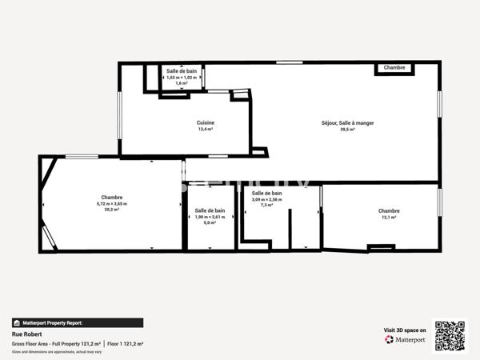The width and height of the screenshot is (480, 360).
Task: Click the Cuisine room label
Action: [206, 122]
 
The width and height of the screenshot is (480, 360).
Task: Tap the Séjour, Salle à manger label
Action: [347, 122]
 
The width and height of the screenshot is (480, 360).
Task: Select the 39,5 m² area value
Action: [347, 129]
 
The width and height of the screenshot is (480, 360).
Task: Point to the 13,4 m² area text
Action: [206, 129]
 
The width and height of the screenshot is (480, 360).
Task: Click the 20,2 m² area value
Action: [112, 210]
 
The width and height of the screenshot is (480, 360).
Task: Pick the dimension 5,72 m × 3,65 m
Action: [112, 204]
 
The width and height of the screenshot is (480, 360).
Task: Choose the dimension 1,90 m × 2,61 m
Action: [210, 217]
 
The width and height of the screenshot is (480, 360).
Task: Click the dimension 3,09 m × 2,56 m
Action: [266, 199]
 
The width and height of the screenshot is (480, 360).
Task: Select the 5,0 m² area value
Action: [210, 222]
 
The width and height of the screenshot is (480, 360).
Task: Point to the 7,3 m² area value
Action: [266, 205]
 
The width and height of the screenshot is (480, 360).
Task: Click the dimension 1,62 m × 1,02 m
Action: [182, 77]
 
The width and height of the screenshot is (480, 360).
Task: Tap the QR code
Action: [450, 336]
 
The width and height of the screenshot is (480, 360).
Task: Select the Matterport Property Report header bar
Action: [78, 323]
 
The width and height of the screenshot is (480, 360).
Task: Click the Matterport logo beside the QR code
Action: [406, 339]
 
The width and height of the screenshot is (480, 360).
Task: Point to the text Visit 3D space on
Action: [405, 329]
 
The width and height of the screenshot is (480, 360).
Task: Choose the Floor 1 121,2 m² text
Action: [126, 343]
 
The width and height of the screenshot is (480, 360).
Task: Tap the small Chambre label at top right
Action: [394, 68]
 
